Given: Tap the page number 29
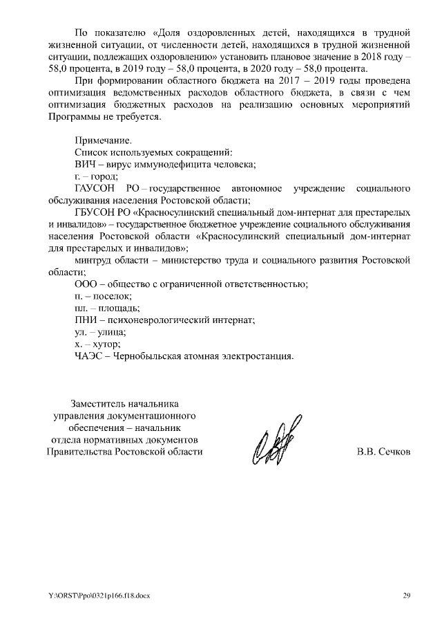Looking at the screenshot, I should click(407, 596).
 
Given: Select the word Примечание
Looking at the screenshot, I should click(102, 140).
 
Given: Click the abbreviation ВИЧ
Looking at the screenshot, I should click(85, 164).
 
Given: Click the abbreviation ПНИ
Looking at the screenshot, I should click(86, 320).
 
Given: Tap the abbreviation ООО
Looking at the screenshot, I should click(86, 284).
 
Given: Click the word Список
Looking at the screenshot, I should click(90, 152).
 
